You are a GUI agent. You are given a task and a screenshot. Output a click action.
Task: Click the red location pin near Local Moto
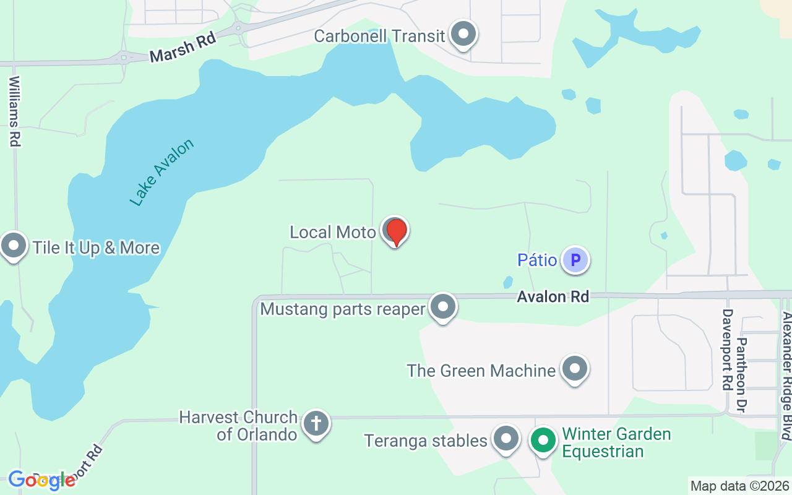[x=396, y=232]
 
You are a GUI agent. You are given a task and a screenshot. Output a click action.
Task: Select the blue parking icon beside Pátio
[x=575, y=260]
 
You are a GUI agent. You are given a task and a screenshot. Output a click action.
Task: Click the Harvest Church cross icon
[x=316, y=424]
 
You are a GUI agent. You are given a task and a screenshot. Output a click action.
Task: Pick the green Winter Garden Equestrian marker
[x=544, y=441]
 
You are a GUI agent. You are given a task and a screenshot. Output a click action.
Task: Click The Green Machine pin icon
[x=575, y=369]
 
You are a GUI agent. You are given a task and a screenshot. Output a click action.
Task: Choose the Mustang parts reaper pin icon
[x=443, y=306]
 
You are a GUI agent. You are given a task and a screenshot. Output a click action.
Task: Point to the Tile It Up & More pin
[x=14, y=246]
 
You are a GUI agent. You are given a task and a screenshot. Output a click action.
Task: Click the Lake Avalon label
[x=162, y=172]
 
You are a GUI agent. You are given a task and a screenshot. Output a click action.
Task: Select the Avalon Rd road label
[x=553, y=297]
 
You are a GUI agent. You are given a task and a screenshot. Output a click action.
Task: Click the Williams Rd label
[x=15, y=111]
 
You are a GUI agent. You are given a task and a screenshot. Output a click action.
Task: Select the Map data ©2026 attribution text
[x=739, y=486]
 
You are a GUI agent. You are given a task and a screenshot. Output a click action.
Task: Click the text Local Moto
[x=333, y=232]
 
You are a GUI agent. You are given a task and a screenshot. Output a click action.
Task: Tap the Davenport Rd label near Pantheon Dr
[x=728, y=350]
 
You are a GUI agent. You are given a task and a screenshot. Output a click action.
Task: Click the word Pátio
[x=537, y=260]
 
